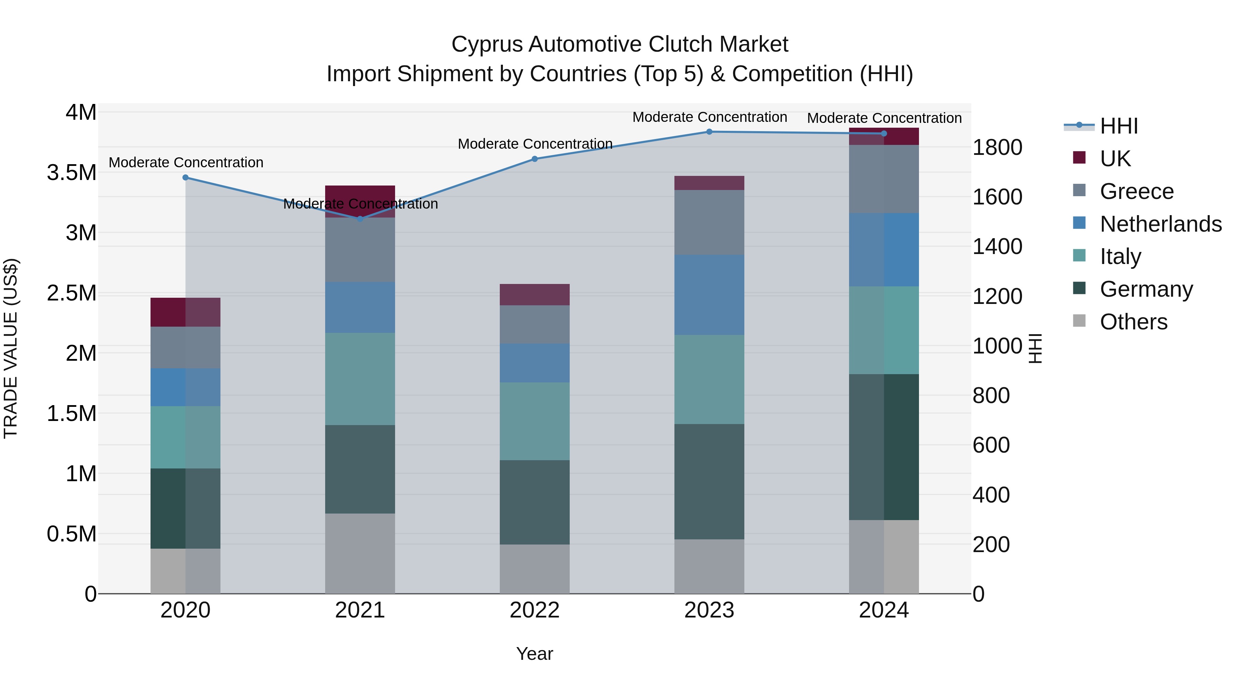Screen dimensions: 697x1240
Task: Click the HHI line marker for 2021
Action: point(360,219)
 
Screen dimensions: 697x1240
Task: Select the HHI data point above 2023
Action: point(709,132)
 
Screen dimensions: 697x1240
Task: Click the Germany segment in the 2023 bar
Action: point(709,481)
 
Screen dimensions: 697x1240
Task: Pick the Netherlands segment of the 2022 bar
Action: point(534,363)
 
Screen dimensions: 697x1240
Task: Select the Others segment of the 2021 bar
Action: point(360,553)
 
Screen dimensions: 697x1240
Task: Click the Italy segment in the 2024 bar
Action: point(884,330)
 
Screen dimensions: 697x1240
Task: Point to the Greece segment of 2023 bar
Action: point(709,222)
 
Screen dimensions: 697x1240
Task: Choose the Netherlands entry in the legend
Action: point(1160,224)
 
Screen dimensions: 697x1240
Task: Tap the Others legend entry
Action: point(1133,322)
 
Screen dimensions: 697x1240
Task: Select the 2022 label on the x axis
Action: point(534,610)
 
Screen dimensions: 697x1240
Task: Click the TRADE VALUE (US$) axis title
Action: point(11,348)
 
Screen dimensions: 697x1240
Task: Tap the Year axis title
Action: point(534,654)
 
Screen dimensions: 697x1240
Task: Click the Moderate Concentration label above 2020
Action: point(186,162)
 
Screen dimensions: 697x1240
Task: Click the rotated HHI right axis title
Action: point(1035,348)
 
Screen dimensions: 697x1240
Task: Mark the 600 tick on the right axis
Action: point(991,445)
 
